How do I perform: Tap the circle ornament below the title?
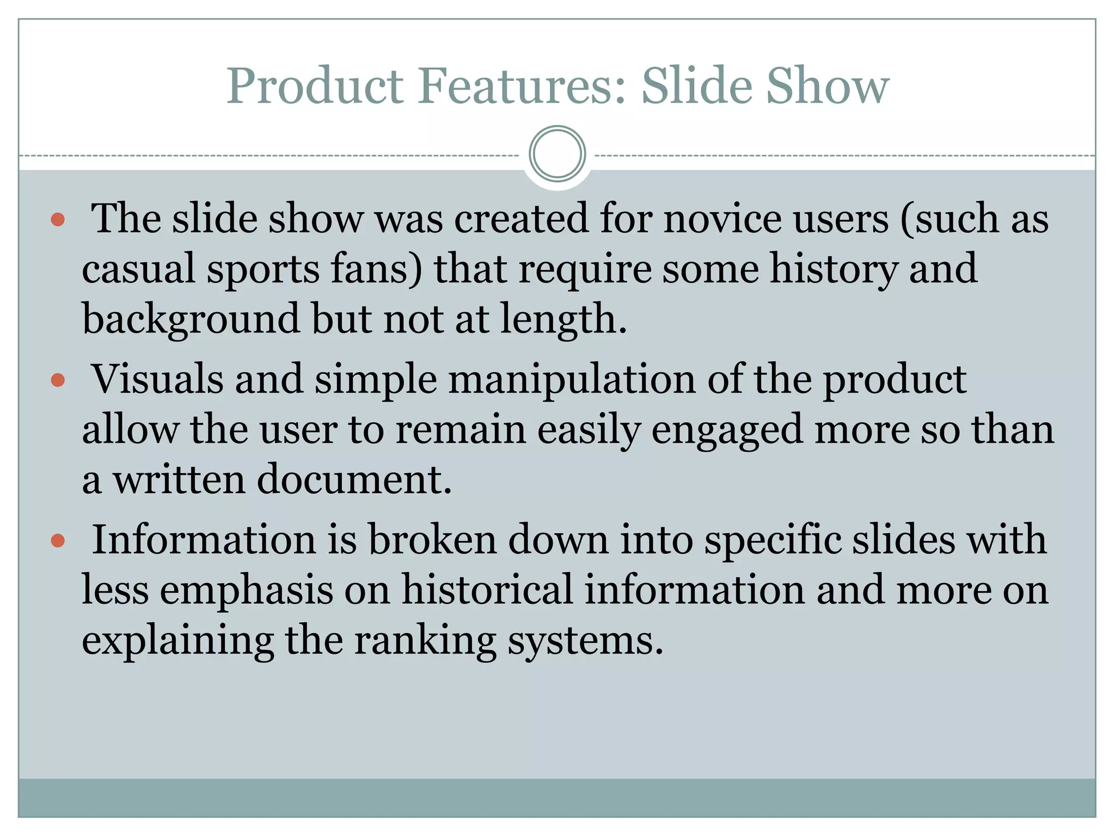coord(557,154)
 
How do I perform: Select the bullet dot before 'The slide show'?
coord(58,220)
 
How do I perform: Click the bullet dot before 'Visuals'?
coord(58,380)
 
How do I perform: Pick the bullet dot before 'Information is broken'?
coord(58,540)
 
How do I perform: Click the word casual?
coord(138,269)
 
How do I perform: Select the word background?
coord(191,320)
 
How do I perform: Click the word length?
coord(563,320)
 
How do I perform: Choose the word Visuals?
coord(157,379)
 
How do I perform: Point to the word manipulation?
coord(572,380)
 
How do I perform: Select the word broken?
coord(432,540)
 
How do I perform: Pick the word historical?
coord(487,590)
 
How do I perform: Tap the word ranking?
coord(425,641)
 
